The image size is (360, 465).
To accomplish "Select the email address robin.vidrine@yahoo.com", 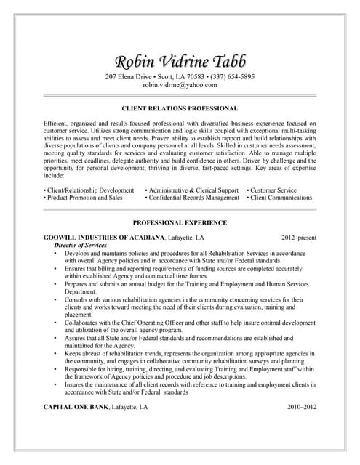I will tap(180, 85).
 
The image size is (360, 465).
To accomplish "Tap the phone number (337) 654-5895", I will tap(230, 76).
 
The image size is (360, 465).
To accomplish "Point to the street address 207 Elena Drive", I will tap(130, 76).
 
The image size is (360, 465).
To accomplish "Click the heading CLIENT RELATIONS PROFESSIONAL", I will tap(180, 108).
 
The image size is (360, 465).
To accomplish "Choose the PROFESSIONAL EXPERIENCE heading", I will tap(180, 222).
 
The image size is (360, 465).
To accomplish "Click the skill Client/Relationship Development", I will tap(89, 190).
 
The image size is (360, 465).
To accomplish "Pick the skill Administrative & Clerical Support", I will tap(193, 190).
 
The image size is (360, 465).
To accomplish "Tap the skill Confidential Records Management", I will tap(193, 198).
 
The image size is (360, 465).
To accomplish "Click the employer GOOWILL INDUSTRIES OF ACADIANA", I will tap(104, 238).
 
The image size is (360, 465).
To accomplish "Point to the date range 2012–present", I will tap(299, 238).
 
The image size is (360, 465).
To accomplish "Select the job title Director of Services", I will tap(81, 246).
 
